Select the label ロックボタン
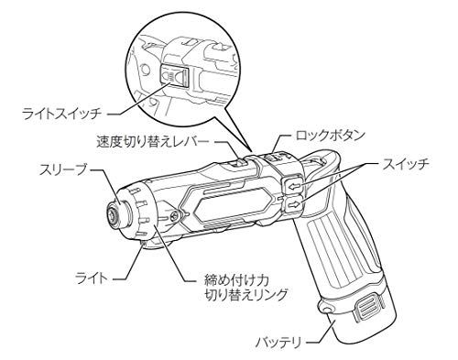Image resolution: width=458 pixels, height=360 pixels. pos(331,135)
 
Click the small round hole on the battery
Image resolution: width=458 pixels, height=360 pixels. pos(327,315)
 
